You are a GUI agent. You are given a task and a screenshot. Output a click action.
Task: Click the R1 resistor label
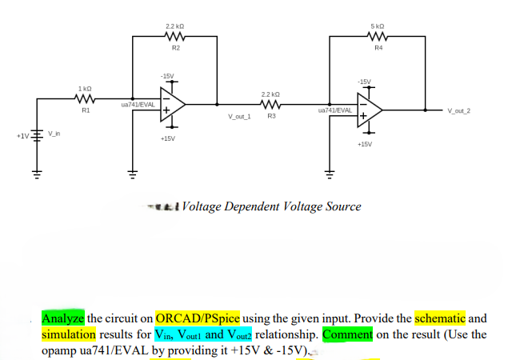coord(85,111)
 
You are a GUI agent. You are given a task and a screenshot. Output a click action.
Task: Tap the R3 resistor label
coord(271,117)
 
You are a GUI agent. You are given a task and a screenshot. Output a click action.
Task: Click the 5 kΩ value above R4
coord(378,26)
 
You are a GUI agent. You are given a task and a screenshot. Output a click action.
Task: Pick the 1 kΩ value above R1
coord(85,87)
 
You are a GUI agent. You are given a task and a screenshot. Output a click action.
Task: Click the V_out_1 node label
coord(239,117)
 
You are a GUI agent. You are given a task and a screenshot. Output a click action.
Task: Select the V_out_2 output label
coord(459,111)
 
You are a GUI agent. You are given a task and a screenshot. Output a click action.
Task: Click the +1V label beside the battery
coord(22,136)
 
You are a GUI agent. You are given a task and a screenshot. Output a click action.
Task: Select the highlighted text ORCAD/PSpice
coord(198,318)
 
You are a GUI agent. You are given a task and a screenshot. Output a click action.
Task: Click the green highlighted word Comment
coord(348,334)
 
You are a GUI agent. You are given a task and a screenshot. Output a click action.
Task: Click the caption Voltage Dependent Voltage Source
coord(271,206)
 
